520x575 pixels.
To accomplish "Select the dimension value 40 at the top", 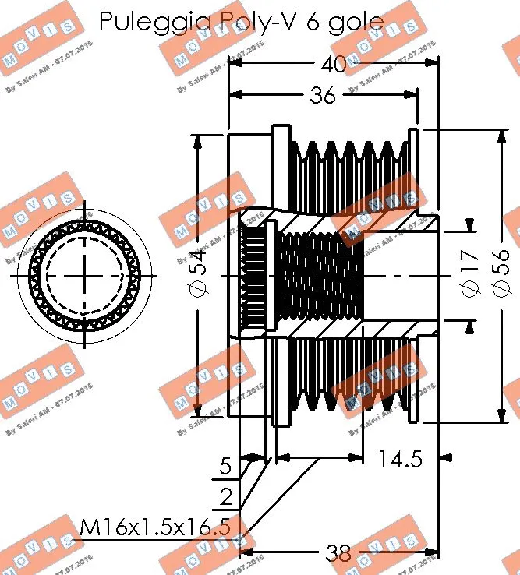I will point(333,65).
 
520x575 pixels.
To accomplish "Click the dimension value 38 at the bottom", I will point(338,553).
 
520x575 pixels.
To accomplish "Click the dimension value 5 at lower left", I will point(225,467).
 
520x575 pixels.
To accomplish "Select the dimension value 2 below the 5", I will point(225,496).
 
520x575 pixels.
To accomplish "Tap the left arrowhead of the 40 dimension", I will point(232,65).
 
